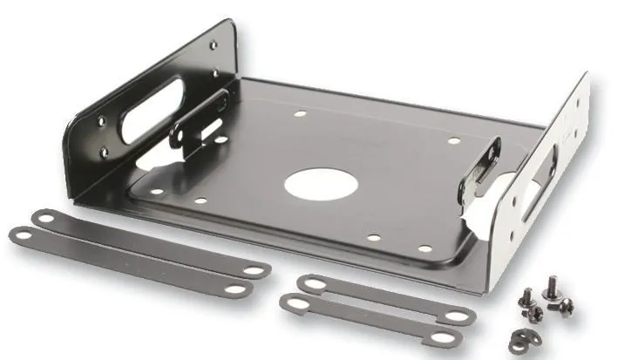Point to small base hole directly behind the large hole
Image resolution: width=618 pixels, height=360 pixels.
point(300,113)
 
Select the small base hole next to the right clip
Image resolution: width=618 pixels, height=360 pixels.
point(453,140)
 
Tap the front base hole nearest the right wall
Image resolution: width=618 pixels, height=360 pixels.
point(425,248)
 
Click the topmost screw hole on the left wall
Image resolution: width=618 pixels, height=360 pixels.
point(213,47)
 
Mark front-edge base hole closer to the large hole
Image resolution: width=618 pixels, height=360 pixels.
point(373,236)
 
